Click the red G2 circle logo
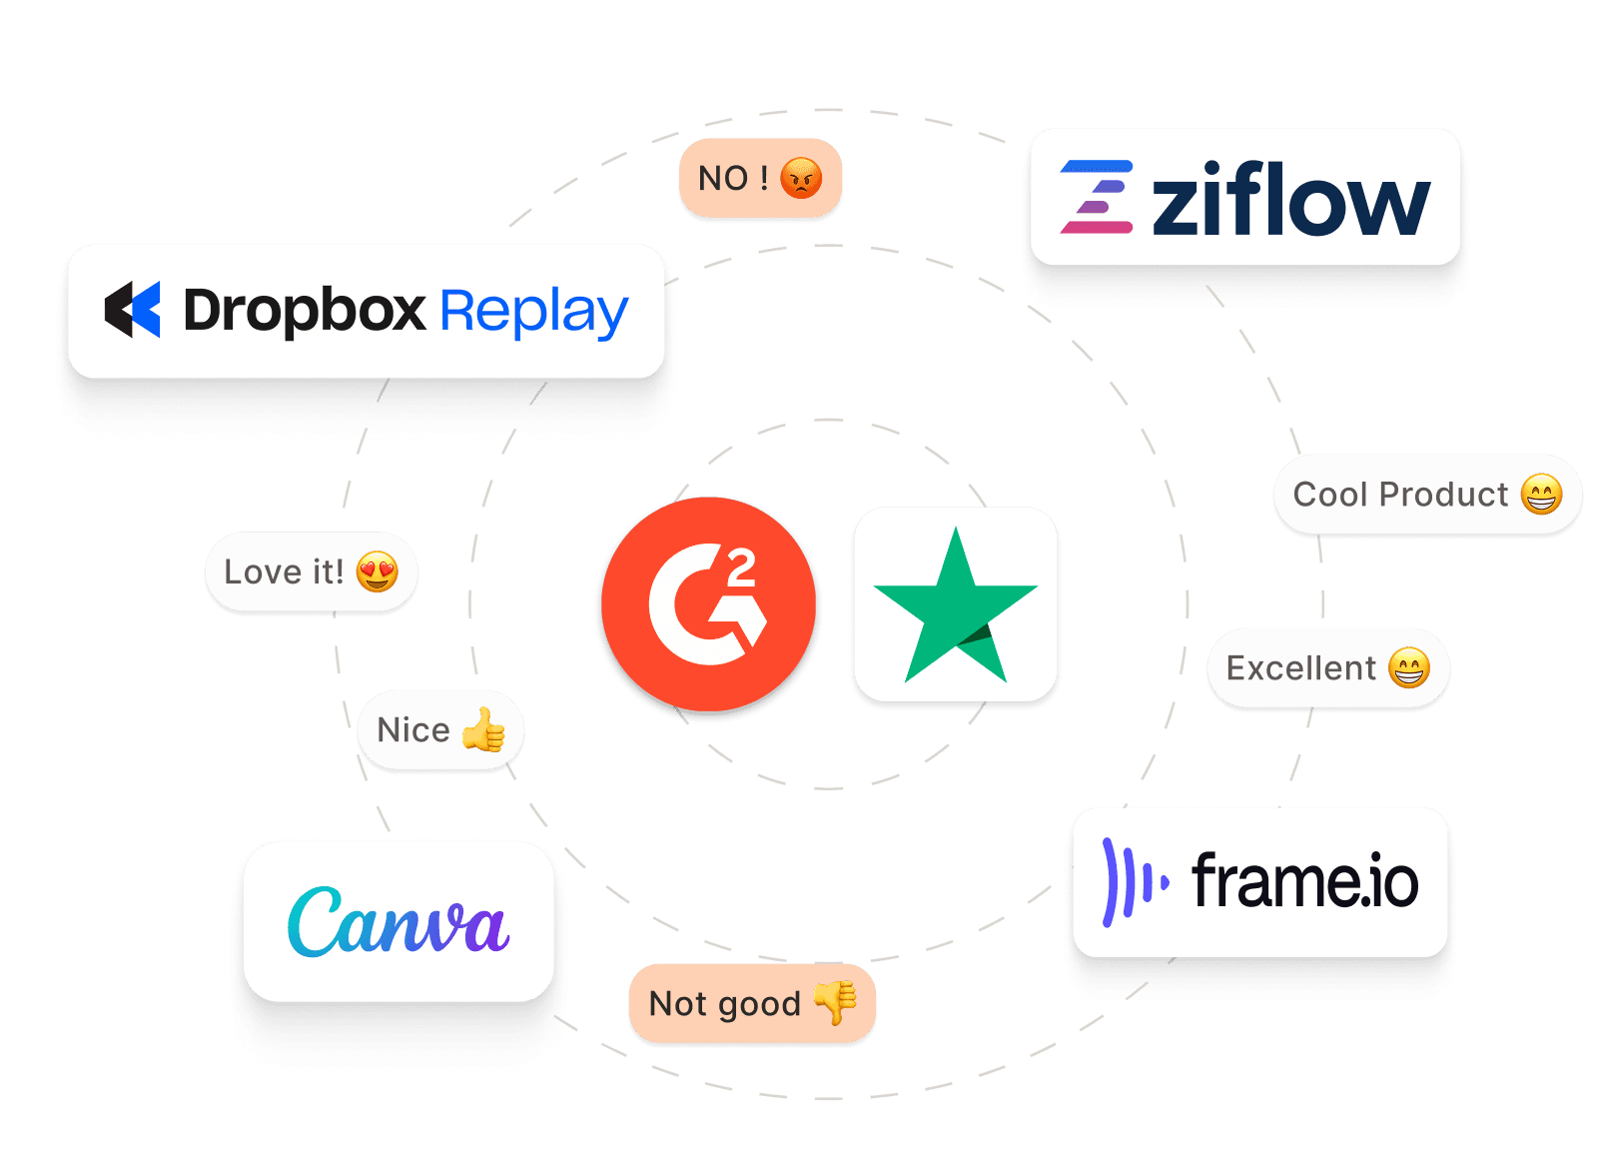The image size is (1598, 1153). pos(708,603)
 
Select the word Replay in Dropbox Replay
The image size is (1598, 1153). pos(533,311)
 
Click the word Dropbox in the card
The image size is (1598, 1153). pos(305,311)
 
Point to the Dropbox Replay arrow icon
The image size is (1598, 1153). pos(133,310)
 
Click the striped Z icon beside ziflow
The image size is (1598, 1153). pos(1097,197)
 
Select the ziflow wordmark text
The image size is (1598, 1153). pos(1291,200)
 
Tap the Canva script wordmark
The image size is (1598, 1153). pos(399,922)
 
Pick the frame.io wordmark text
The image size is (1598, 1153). pos(1304,881)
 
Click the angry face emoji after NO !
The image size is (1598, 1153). pos(801,178)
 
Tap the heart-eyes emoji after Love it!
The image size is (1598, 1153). pos(378,572)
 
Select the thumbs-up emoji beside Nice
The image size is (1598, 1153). pos(483,730)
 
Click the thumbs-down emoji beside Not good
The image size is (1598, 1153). pos(835,1002)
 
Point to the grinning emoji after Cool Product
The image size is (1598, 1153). pos(1541,494)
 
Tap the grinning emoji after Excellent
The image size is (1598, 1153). pos(1409,667)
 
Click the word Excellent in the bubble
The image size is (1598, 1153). pos(1300,667)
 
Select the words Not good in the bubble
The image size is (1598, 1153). pos(725,1003)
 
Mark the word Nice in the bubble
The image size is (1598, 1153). pos(413,730)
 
